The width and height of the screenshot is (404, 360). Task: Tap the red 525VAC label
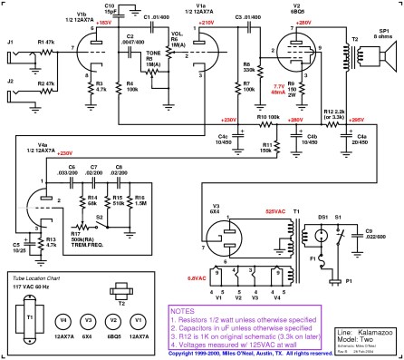[274, 212]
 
